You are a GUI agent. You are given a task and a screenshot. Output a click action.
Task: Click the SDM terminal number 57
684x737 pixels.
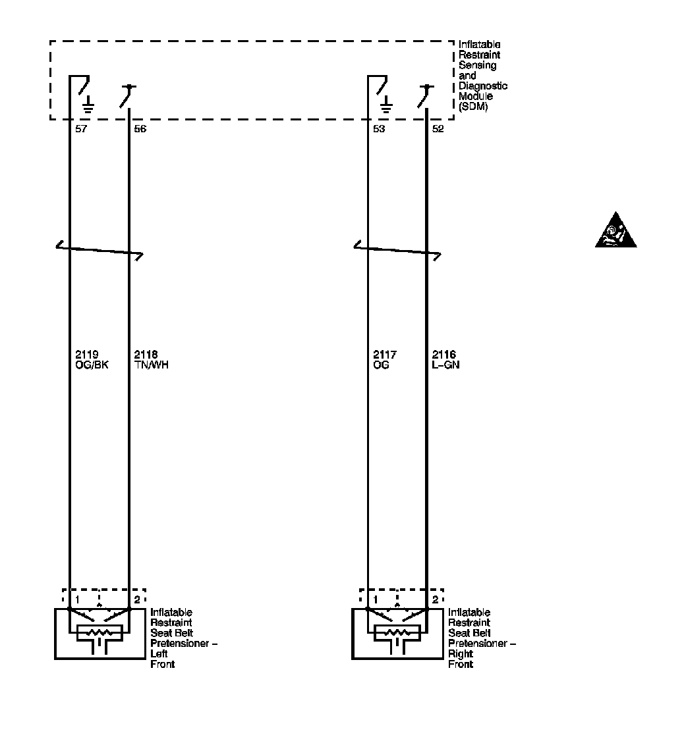(x=81, y=129)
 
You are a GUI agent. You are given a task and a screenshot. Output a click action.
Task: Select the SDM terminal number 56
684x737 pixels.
(x=140, y=129)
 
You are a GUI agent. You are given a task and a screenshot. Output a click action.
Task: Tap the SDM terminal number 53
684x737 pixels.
(x=378, y=129)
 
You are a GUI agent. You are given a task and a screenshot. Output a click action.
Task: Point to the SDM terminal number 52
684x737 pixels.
(x=438, y=129)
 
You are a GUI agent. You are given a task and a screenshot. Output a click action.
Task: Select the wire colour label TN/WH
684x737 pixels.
(x=150, y=365)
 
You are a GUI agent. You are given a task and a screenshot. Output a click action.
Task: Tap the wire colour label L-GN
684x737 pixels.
(x=445, y=365)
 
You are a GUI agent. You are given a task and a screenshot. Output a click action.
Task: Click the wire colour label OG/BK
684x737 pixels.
(x=92, y=365)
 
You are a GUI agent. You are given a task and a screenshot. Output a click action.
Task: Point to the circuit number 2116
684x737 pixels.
(x=443, y=355)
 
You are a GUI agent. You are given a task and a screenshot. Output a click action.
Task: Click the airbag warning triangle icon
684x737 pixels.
(x=615, y=231)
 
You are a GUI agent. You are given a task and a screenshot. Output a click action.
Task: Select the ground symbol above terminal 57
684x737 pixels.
(x=88, y=104)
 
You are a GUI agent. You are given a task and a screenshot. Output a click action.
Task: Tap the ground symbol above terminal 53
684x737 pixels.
(x=386, y=104)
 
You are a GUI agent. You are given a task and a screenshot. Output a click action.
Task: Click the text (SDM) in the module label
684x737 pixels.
(x=473, y=107)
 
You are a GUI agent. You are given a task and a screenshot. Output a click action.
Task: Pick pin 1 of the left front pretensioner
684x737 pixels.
(x=77, y=599)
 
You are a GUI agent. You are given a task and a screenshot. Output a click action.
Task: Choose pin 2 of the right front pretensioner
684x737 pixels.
(x=435, y=599)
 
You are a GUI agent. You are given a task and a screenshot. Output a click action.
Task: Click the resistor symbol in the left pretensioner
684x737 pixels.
(x=99, y=633)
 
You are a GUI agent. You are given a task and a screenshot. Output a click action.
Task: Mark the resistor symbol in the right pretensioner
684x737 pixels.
(x=397, y=633)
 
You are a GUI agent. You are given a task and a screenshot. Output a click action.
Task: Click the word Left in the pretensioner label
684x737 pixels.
(x=159, y=654)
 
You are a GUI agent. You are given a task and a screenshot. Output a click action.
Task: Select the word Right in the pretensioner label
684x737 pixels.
(x=460, y=654)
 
